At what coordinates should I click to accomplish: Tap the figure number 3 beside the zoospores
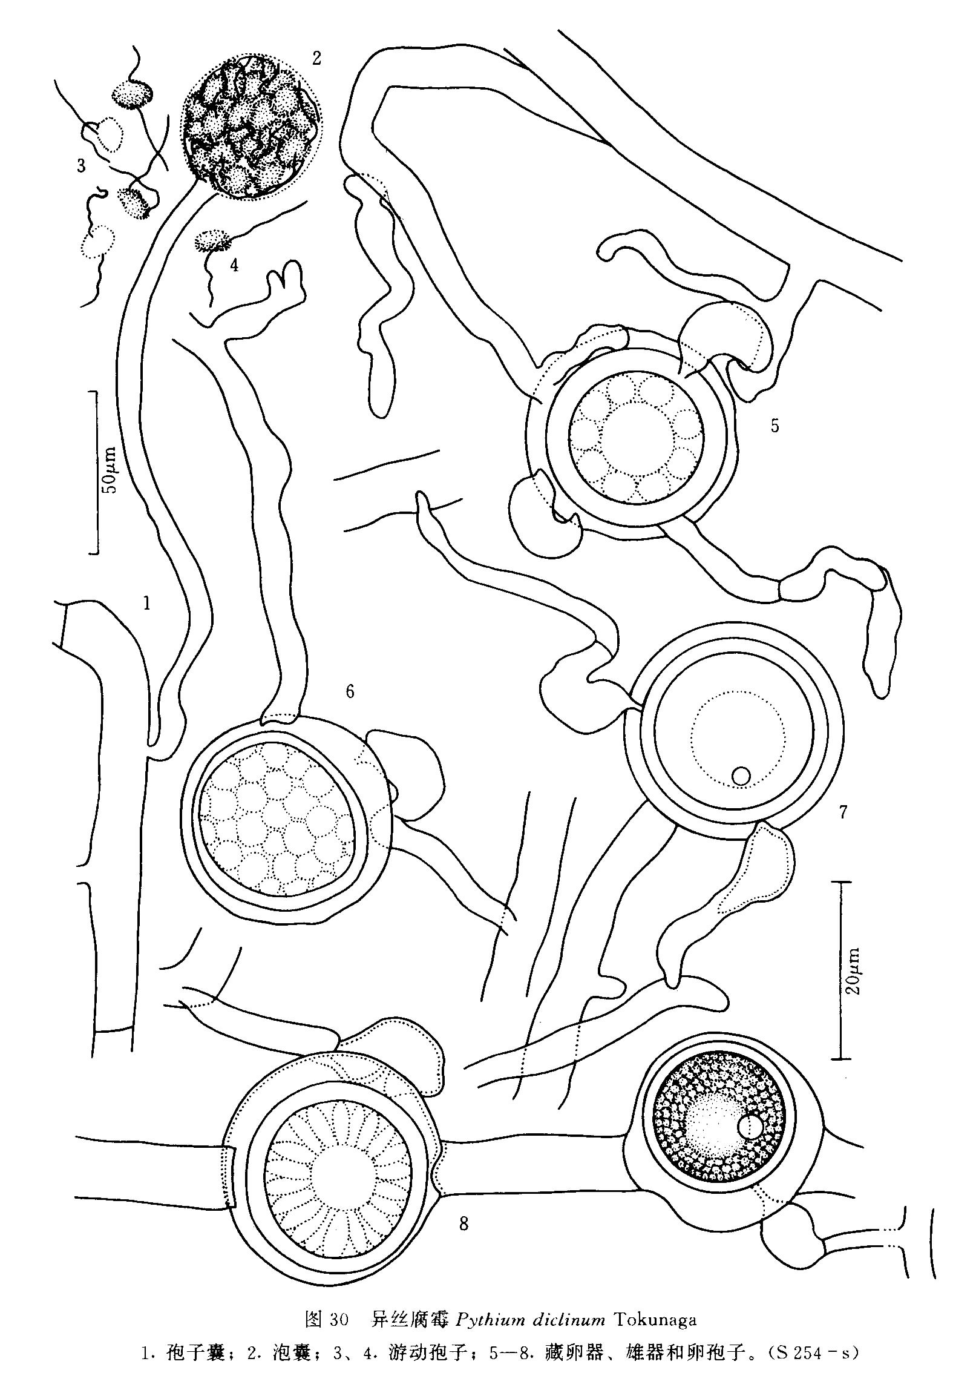82,166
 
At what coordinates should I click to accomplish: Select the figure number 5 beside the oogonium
775,426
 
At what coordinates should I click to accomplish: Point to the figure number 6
350,691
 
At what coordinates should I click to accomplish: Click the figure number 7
843,812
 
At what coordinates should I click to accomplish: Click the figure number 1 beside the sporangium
146,603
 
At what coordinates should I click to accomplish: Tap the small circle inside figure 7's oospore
741,775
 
